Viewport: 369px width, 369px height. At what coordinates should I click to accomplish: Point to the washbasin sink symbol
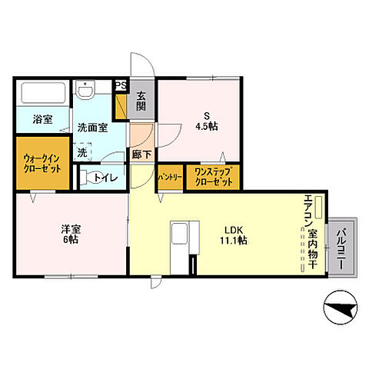[x=86, y=90]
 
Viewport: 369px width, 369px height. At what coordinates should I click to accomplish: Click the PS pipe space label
[x=120, y=86]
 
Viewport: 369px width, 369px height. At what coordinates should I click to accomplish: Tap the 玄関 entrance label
[x=142, y=101]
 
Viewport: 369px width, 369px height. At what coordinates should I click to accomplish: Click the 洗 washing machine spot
[x=82, y=151]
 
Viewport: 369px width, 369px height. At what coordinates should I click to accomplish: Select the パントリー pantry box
[x=169, y=177]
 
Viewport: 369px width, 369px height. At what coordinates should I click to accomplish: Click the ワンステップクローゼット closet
[x=212, y=177]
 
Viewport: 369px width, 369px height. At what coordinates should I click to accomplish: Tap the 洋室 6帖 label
[x=70, y=234]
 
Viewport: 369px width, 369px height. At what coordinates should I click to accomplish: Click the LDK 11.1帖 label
[x=234, y=234]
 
